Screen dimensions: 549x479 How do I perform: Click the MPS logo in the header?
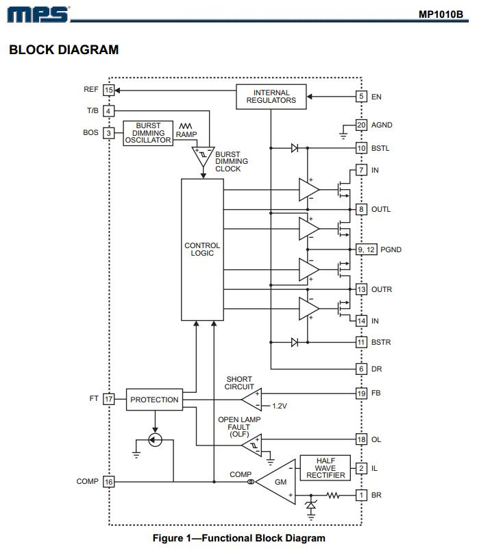click(39, 14)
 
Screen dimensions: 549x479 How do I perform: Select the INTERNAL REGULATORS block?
click(271, 97)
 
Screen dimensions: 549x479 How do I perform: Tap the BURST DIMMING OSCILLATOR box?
click(147, 132)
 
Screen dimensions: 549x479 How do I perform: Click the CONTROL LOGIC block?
click(202, 249)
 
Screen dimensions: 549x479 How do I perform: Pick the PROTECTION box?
click(154, 399)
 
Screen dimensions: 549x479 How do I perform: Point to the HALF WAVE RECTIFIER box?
click(326, 468)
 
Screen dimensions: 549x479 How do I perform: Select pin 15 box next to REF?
click(108, 90)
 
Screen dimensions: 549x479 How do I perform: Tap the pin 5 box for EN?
click(361, 97)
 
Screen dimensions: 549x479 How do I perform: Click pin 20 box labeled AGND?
click(361, 125)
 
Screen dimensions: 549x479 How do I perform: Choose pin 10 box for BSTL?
click(361, 147)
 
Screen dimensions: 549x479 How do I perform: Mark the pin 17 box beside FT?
click(108, 398)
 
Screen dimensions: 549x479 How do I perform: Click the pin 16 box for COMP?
click(108, 482)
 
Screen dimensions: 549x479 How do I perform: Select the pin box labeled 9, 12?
click(367, 249)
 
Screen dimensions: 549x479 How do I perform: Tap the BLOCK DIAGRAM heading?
click(64, 50)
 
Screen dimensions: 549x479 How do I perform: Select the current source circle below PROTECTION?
click(156, 439)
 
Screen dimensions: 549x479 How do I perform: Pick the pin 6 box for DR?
click(361, 369)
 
